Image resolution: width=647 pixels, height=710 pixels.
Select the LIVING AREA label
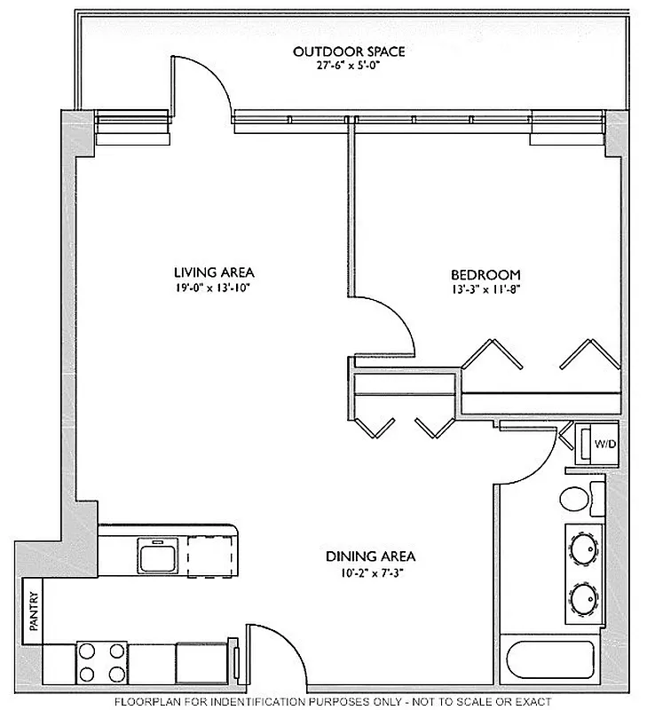click(x=208, y=272)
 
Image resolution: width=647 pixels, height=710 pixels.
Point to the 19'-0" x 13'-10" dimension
click(x=208, y=287)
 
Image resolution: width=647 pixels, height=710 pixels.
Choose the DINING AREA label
click(x=370, y=556)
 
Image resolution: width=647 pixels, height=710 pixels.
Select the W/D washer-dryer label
click(x=604, y=443)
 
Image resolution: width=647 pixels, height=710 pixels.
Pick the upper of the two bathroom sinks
click(x=584, y=548)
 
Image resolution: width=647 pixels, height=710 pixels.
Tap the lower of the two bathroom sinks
click(x=584, y=599)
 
